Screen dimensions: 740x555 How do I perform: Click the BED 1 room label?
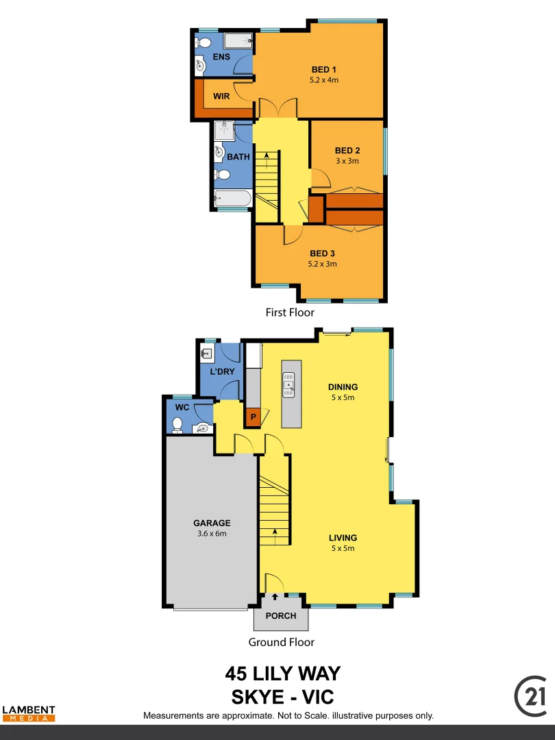[323, 70]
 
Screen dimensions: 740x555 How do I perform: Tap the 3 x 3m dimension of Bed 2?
[347, 161]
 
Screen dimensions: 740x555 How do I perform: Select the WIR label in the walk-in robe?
[221, 97]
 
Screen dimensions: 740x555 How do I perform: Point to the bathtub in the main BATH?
[233, 200]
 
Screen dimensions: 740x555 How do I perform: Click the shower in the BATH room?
[224, 131]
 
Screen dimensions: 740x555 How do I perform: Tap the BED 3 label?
[323, 254]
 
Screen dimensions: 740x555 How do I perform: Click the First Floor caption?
[290, 312]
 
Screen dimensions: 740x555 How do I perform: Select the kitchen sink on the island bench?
[289, 385]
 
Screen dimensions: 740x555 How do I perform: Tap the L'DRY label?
[222, 371]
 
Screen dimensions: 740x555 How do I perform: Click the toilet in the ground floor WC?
[177, 425]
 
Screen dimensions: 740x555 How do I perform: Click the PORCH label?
[281, 616]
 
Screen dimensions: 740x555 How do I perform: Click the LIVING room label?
[343, 538]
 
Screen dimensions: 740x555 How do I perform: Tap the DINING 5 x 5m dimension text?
[343, 397]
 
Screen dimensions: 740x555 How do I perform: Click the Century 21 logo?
[531, 695]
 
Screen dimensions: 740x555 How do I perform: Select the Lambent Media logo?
[28, 713]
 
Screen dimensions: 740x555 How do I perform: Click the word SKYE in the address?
[258, 697]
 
